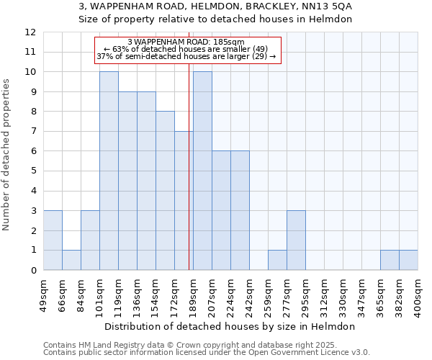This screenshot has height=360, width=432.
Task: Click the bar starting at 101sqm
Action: point(109,171)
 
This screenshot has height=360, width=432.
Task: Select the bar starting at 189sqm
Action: point(202,171)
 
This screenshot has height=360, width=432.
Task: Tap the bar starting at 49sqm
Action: point(53,240)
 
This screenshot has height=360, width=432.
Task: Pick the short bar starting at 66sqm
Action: point(71,260)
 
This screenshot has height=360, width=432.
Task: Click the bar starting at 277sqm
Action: point(296,240)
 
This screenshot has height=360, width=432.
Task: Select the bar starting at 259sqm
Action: point(277,260)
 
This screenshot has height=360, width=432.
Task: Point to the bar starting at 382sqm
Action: point(408,260)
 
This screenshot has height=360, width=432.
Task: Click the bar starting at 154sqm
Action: point(165,191)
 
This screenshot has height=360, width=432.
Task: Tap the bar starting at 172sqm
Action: point(182,201)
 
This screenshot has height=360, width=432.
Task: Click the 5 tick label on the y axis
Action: point(33,171)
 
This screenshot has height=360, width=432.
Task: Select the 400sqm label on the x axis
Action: point(418,296)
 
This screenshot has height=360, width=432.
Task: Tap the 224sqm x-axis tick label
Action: point(231,296)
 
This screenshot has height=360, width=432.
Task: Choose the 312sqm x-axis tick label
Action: point(325,296)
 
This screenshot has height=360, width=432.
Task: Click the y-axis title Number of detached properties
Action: point(7,155)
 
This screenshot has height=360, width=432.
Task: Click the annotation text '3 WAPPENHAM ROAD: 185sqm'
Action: point(186,42)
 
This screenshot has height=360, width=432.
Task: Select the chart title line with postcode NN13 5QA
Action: point(215,6)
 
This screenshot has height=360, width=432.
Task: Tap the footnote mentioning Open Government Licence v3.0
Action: point(207,353)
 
